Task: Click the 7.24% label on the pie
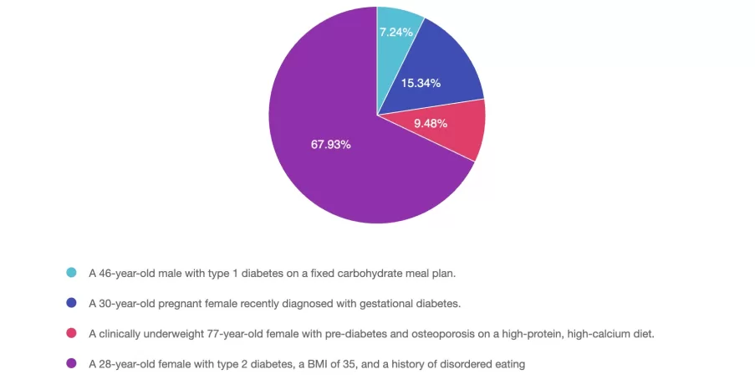tap(395, 33)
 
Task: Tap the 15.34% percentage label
tap(421, 83)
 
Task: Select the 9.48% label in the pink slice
tap(431, 124)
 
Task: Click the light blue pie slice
tap(395, 50)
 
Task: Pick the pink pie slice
tap(456, 134)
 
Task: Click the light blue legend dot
tap(71, 273)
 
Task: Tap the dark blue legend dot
tap(71, 303)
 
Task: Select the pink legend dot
tap(71, 333)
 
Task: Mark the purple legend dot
tap(71, 363)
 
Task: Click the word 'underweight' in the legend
tap(169, 333)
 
